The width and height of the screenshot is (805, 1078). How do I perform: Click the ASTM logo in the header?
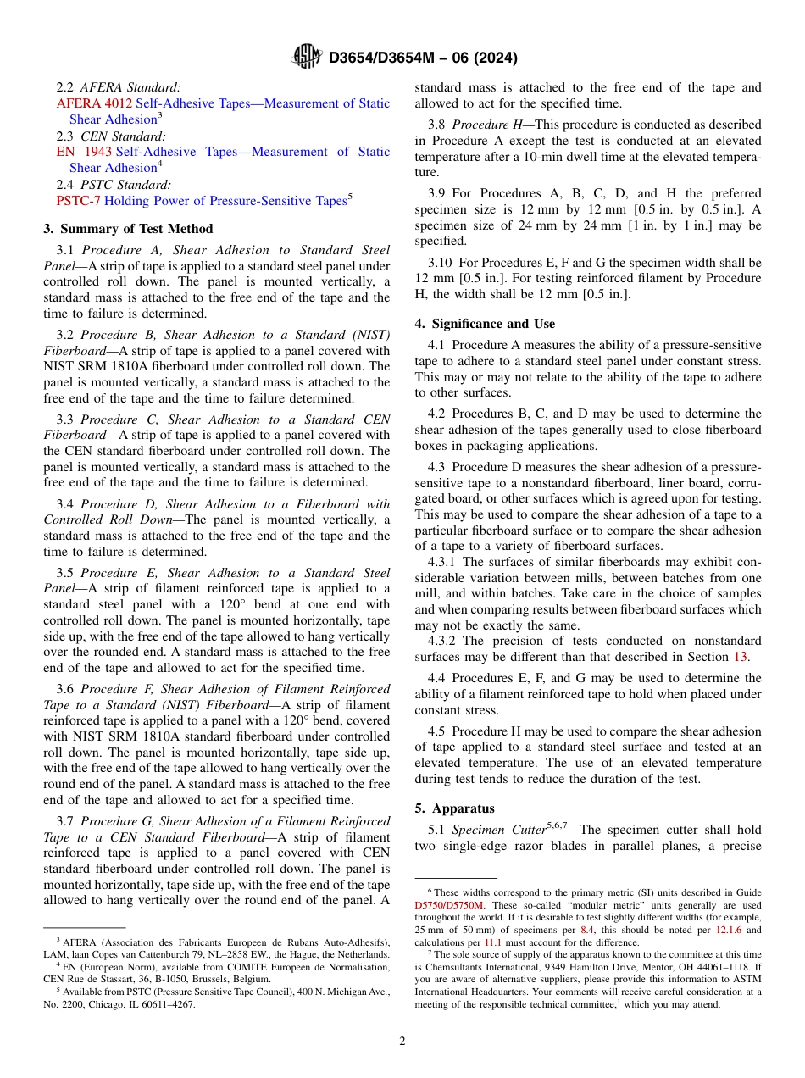(x=306, y=57)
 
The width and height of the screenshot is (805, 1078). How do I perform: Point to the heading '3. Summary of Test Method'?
(x=128, y=229)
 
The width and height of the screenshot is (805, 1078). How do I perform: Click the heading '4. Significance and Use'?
(x=485, y=324)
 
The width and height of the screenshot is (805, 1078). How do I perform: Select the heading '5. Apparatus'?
(x=454, y=808)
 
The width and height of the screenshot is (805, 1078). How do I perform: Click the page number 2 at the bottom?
(x=402, y=1041)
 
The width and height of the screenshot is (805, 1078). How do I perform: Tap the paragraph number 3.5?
(x=65, y=573)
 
